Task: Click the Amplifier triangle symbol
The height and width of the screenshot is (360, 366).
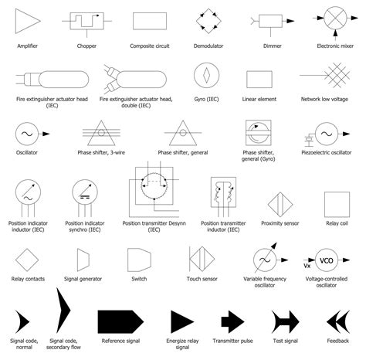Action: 29,21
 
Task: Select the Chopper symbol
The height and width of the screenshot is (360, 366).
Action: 86,21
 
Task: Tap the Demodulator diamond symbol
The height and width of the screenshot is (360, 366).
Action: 207,21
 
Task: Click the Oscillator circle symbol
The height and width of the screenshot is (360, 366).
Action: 27,134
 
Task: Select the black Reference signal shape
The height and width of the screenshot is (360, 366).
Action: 120,321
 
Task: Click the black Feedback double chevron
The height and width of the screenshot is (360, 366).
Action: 337,320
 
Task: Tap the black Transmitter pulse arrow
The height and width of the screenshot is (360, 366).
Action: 232,321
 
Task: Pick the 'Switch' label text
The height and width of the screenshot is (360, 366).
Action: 139,278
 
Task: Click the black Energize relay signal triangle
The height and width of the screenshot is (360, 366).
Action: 182,321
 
